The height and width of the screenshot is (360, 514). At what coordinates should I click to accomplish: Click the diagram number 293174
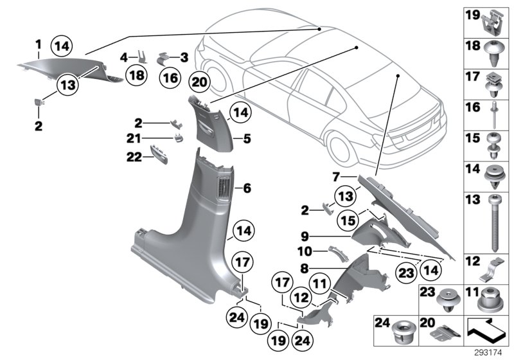(x=492, y=353)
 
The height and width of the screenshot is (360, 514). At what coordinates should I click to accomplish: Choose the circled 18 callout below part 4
(x=136, y=76)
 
